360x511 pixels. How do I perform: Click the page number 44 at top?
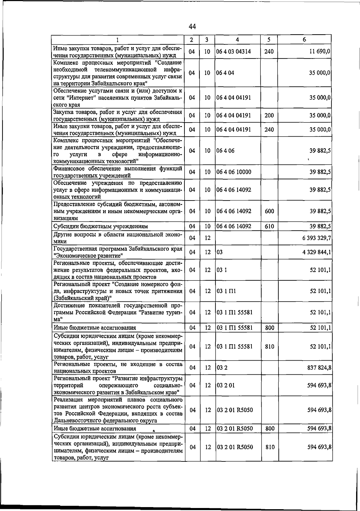pos(192,27)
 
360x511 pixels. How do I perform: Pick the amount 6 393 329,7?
pos(316,238)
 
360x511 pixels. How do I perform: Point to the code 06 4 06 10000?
pos(234,172)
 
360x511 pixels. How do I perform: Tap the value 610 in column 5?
pos(269,226)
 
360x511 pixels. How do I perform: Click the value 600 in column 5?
pos(269,211)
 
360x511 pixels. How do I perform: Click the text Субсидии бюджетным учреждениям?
pos(100,226)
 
